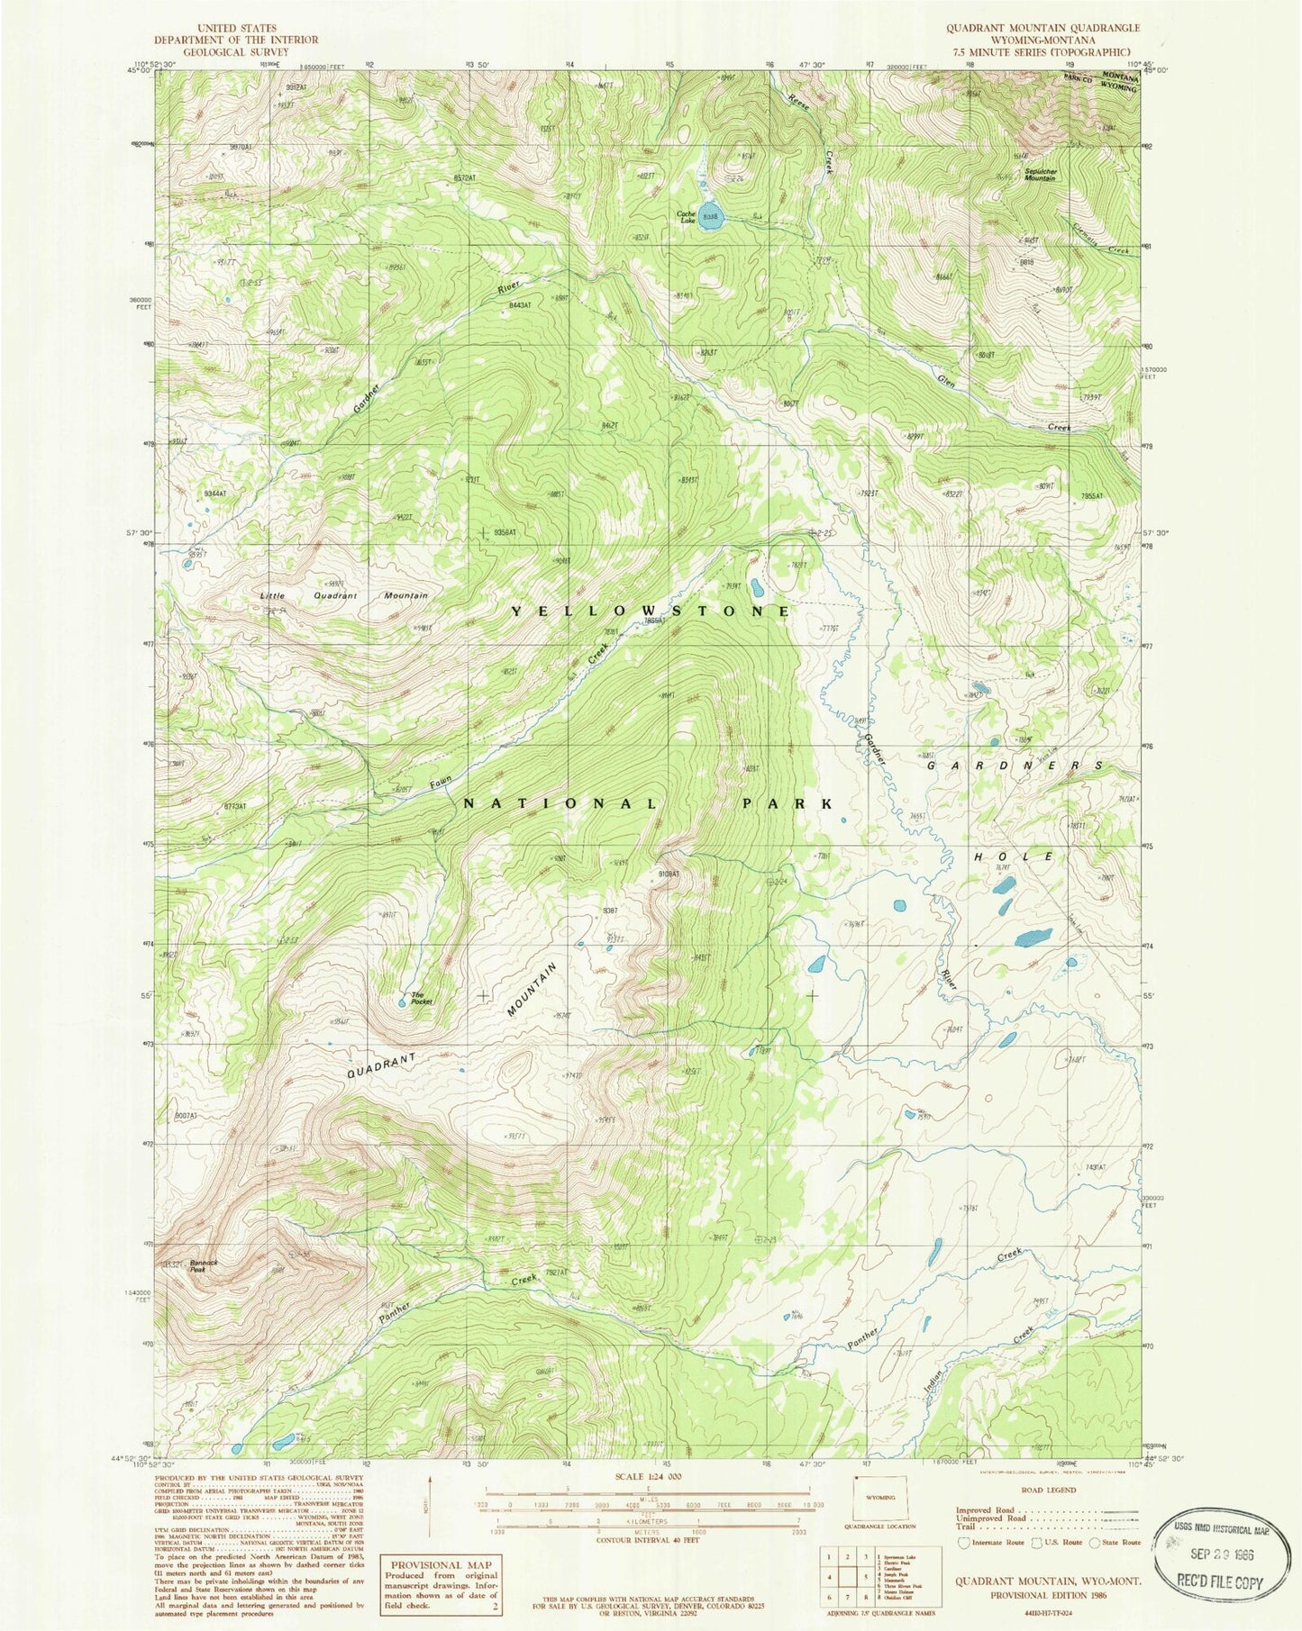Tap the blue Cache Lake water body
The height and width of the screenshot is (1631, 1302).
(712, 218)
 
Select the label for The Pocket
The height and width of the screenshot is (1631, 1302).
(422, 999)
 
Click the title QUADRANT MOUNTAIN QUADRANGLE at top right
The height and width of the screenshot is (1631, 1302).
(1043, 28)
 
